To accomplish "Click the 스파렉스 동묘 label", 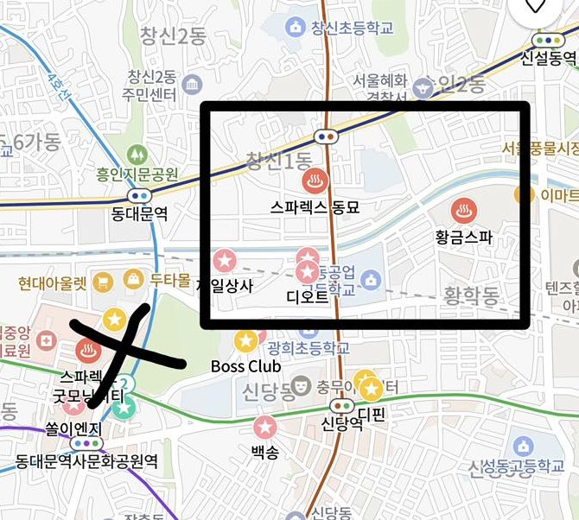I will pyautogui.click(x=314, y=207).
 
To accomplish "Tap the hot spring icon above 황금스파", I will pyautogui.click(x=462, y=210).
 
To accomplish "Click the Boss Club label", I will pyautogui.click(x=246, y=366).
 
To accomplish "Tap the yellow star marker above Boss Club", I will pyautogui.click(x=245, y=341).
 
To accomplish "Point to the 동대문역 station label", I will pyautogui.click(x=139, y=213).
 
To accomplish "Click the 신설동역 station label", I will pyautogui.click(x=548, y=59).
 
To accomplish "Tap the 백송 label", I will pyautogui.click(x=264, y=451).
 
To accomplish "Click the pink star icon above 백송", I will pyautogui.click(x=264, y=426).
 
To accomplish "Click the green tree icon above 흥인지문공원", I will pyautogui.click(x=137, y=155).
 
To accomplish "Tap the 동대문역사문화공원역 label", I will pyautogui.click(x=86, y=462).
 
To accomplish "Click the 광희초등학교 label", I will pyautogui.click(x=309, y=348).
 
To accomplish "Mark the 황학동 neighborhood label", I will pyautogui.click(x=471, y=297).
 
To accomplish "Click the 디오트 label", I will pyautogui.click(x=307, y=296).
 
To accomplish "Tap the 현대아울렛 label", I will pyautogui.click(x=52, y=282).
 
